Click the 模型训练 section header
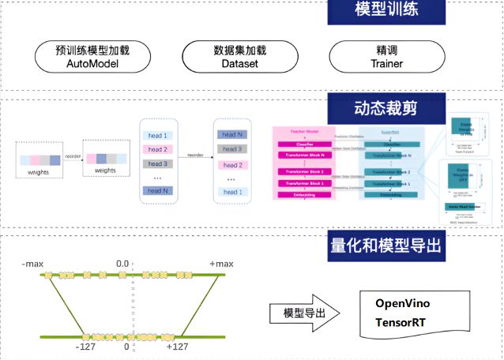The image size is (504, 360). tap(387, 12)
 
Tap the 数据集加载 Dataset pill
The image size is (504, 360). tap(239, 57)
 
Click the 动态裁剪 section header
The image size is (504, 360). tap(386, 105)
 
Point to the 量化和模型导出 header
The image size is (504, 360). tap(386, 246)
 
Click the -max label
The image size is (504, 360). tap(32, 262)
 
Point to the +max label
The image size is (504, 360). tap(222, 262)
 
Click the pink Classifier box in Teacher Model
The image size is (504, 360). tap(304, 145)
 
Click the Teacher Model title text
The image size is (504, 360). tap(304, 132)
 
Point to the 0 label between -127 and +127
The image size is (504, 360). tap(126, 347)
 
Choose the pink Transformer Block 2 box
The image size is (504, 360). tap(304, 171)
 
